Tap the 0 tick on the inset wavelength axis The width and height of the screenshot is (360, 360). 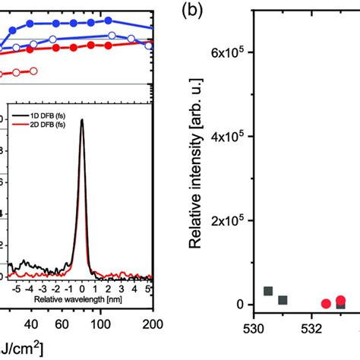point(82,290)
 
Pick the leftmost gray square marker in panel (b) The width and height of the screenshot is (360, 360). point(268,292)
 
